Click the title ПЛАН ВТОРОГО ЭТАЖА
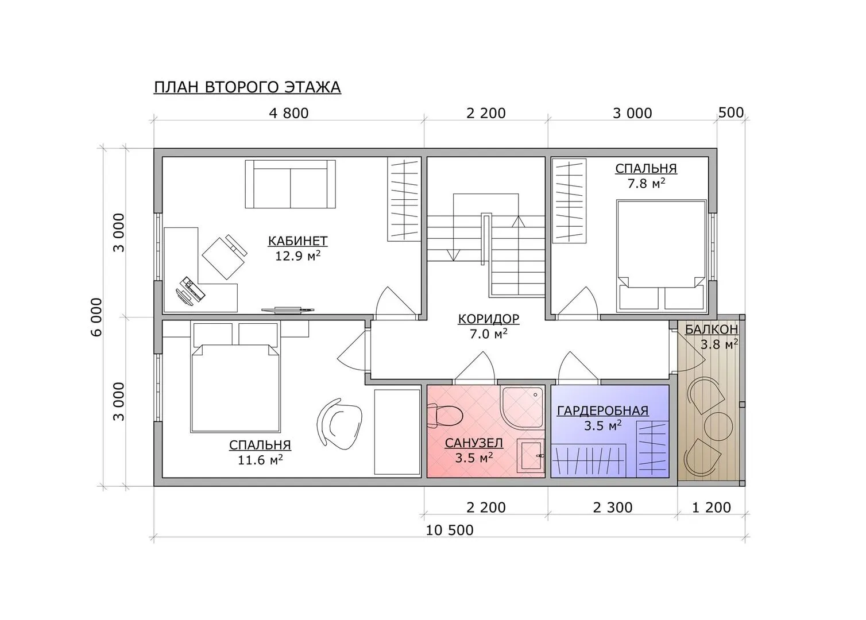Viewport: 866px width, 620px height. [248, 87]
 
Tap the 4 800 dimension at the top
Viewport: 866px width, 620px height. [289, 113]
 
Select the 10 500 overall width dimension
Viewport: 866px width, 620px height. [450, 530]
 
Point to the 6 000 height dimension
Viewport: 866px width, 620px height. [96, 317]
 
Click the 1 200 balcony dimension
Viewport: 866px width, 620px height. [712, 507]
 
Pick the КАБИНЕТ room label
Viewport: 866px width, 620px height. [297, 241]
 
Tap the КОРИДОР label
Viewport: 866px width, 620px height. [489, 319]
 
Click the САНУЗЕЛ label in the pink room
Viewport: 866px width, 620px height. [474, 443]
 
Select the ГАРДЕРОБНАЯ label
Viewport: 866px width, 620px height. [602, 411]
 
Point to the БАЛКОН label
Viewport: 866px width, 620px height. [712, 330]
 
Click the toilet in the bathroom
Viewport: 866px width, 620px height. [446, 416]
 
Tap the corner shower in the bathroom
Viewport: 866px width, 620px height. [523, 407]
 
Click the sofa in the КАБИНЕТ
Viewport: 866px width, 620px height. [291, 184]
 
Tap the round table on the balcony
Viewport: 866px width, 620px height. [718, 427]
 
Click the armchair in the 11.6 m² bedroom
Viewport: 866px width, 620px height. [339, 424]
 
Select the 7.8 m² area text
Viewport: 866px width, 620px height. [646, 183]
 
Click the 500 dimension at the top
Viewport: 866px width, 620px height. [730, 113]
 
